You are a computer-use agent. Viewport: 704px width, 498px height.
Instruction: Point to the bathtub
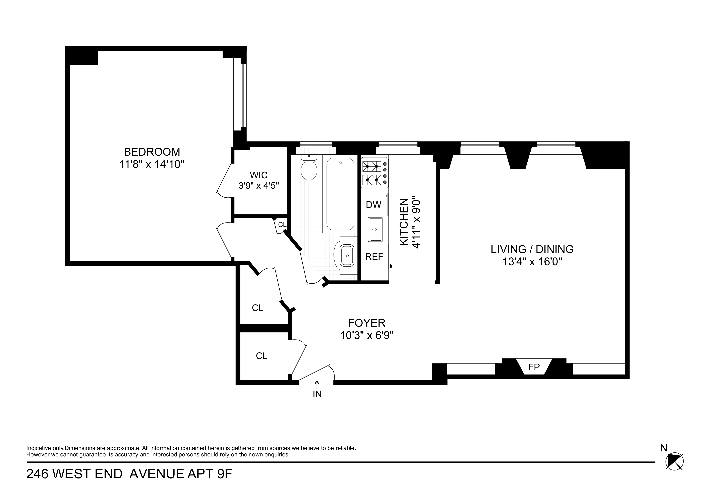tap(340, 194)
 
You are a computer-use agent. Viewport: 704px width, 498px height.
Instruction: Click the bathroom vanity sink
tap(347, 255)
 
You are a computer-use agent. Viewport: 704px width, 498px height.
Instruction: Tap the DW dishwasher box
tap(373, 205)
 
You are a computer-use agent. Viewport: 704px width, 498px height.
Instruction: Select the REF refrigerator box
tap(374, 256)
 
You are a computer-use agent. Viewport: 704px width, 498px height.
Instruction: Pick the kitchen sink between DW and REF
tap(375, 230)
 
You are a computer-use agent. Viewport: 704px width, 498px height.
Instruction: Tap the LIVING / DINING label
tap(532, 249)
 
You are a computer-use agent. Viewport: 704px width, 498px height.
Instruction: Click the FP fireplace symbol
tap(534, 367)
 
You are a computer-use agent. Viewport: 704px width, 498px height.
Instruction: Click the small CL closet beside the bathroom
tap(282, 225)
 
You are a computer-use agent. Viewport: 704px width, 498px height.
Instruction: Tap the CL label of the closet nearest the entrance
tap(261, 356)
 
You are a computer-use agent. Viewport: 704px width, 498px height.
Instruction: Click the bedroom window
tap(243, 95)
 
